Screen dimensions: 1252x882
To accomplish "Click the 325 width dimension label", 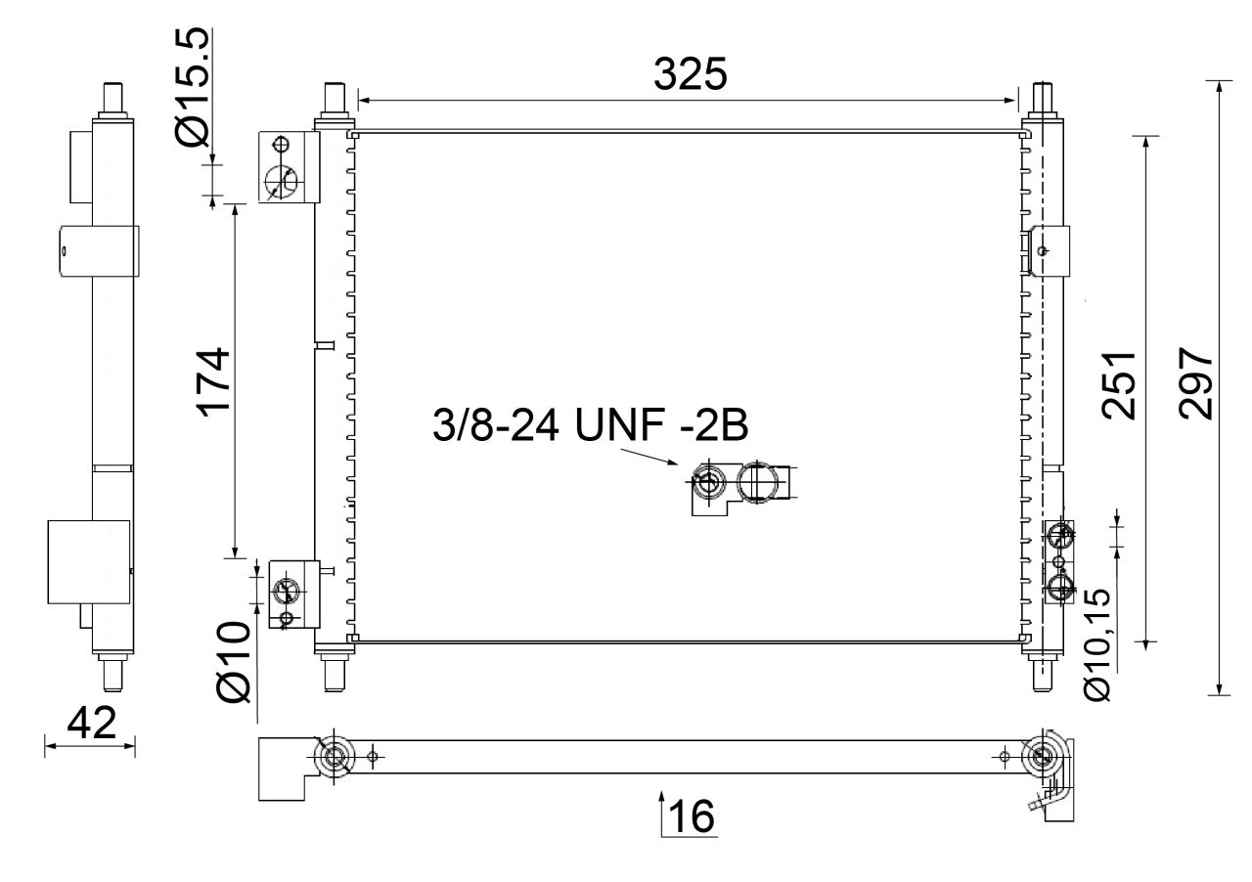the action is pyautogui.click(x=691, y=73).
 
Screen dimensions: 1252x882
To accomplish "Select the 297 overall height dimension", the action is pyautogui.click(x=1196, y=383).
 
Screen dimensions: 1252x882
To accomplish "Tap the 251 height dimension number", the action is pyautogui.click(x=1119, y=385).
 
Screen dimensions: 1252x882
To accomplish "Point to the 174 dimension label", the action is pyautogui.click(x=213, y=383).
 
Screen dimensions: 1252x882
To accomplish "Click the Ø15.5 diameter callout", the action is pyautogui.click(x=193, y=87).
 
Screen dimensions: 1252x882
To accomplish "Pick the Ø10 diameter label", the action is pyautogui.click(x=234, y=662).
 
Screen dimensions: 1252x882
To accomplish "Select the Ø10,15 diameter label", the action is pyautogui.click(x=1097, y=643).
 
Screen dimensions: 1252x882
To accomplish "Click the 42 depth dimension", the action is pyautogui.click(x=92, y=723).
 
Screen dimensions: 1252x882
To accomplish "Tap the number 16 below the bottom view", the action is pyautogui.click(x=692, y=816).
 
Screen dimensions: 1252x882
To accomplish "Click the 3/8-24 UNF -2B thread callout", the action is pyautogui.click(x=590, y=425).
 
